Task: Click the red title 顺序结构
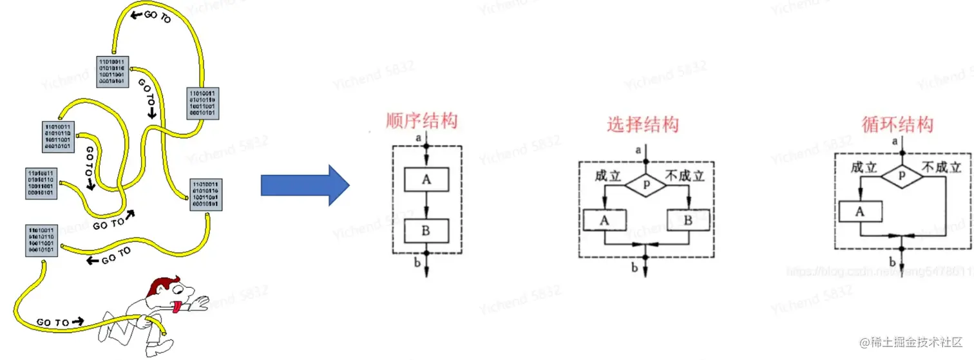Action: click(x=421, y=120)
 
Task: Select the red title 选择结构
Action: click(x=642, y=124)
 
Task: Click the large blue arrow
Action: click(x=304, y=185)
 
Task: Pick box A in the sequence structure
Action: click(x=426, y=180)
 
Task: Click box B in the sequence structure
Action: click(x=426, y=229)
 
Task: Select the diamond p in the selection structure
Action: click(x=647, y=183)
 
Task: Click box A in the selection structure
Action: click(x=604, y=220)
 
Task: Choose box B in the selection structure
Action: click(x=687, y=220)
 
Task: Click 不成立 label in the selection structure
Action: click(x=689, y=174)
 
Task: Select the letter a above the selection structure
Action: click(x=638, y=150)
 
